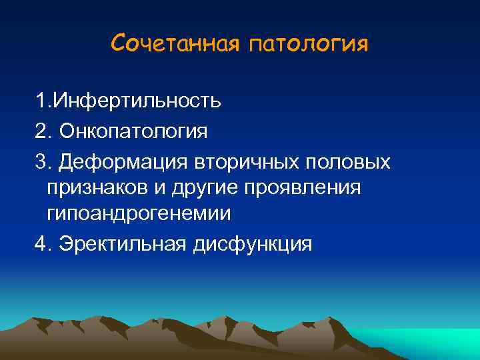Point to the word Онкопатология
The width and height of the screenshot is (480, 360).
[133, 131]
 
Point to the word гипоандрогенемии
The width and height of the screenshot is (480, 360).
[139, 214]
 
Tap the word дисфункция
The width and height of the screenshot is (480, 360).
[253, 244]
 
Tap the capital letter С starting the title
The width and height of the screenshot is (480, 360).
[119, 44]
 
